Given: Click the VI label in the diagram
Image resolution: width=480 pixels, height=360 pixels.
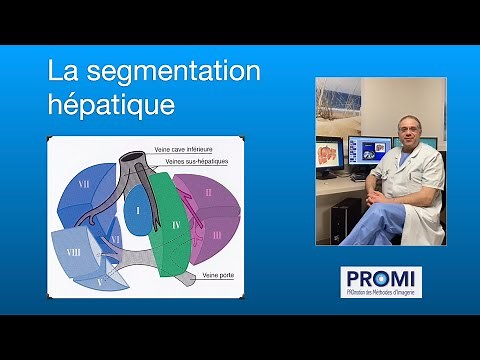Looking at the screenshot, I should (x=117, y=241).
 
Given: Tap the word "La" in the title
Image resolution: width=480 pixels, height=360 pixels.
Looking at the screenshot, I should (x=64, y=73).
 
